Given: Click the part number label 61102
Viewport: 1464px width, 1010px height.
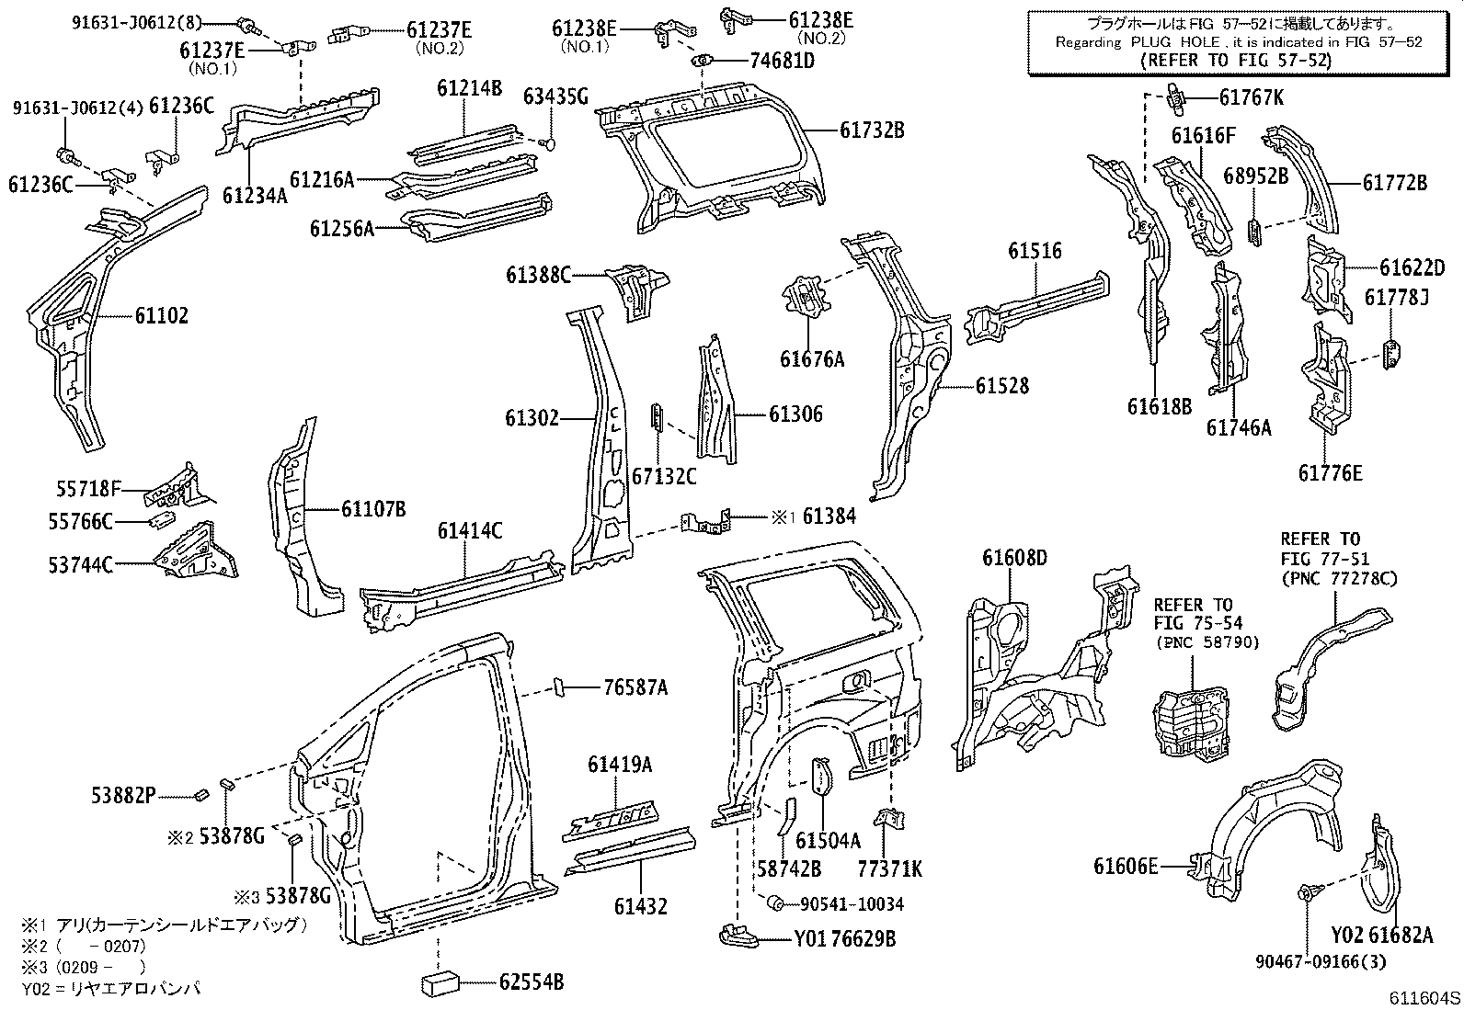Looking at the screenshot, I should click(x=162, y=316).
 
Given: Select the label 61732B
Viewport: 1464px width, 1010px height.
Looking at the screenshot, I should click(x=872, y=131).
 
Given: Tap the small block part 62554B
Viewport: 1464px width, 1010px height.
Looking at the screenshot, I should click(x=440, y=983).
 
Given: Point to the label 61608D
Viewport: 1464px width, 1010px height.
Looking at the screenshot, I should click(x=1014, y=558).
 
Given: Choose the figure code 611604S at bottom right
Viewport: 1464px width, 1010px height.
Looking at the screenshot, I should click(x=1424, y=999).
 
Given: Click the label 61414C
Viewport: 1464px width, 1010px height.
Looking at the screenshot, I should click(x=470, y=531).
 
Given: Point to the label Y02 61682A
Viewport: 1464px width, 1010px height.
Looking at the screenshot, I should click(x=1381, y=935).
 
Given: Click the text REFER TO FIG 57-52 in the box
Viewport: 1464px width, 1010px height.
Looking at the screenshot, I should click(x=1235, y=61).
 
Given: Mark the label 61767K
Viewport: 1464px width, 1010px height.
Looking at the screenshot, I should click(x=1252, y=97).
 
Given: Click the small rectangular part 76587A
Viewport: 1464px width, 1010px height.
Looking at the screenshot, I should click(x=557, y=687).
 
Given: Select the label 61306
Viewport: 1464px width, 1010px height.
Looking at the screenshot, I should click(x=795, y=414).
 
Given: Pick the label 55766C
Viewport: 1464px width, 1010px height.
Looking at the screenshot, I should click(x=80, y=522).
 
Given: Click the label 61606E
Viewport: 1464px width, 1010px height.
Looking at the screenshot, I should click(x=1126, y=866).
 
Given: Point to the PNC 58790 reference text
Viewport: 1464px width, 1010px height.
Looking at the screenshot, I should click(x=1207, y=642).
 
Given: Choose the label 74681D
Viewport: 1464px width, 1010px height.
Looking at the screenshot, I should click(x=782, y=62).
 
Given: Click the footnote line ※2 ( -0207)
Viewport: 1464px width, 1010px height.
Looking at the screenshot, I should click(x=83, y=945).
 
